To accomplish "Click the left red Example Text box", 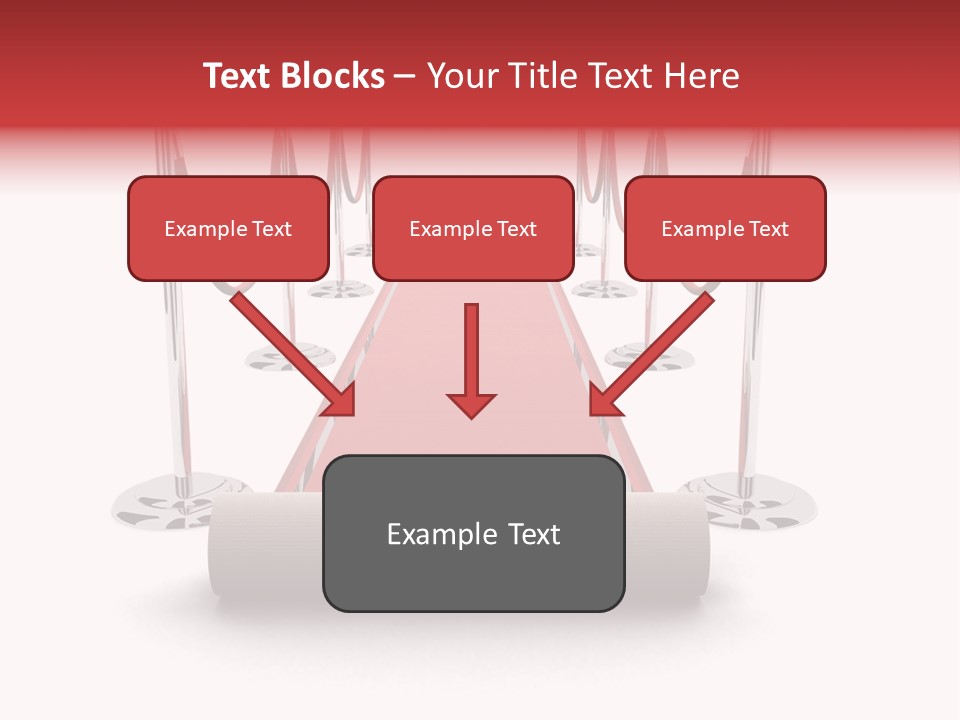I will point(228,228).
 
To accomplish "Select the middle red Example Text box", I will point(473,228).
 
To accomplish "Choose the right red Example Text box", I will point(725,228).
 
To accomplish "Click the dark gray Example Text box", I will point(473,533).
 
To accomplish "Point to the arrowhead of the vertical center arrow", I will point(471,405).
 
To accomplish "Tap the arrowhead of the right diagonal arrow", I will point(602,402).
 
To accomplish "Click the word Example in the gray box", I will point(429,535).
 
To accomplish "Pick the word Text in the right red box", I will point(769,229).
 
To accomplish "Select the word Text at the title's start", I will point(240,76).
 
